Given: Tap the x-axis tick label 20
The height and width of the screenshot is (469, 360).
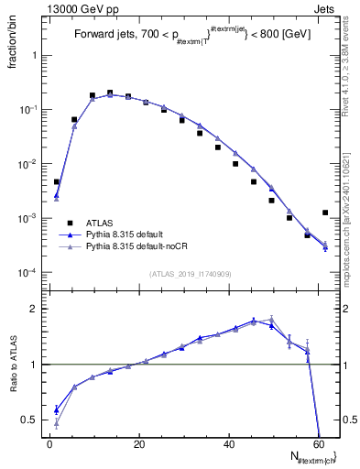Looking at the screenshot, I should [x=139, y=444].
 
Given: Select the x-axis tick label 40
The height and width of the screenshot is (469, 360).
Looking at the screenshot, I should [x=228, y=444].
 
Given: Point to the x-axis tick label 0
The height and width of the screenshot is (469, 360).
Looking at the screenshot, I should [x=50, y=444].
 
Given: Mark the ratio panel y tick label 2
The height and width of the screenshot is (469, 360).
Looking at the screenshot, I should [x=34, y=309].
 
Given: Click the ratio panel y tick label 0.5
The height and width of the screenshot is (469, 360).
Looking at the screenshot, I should [x=29, y=420].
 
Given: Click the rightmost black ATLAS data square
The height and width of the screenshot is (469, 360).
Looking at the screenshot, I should [x=325, y=213].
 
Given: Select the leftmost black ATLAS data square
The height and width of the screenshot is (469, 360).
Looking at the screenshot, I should [x=57, y=182].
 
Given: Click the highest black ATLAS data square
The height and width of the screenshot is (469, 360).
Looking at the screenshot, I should [x=110, y=93].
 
